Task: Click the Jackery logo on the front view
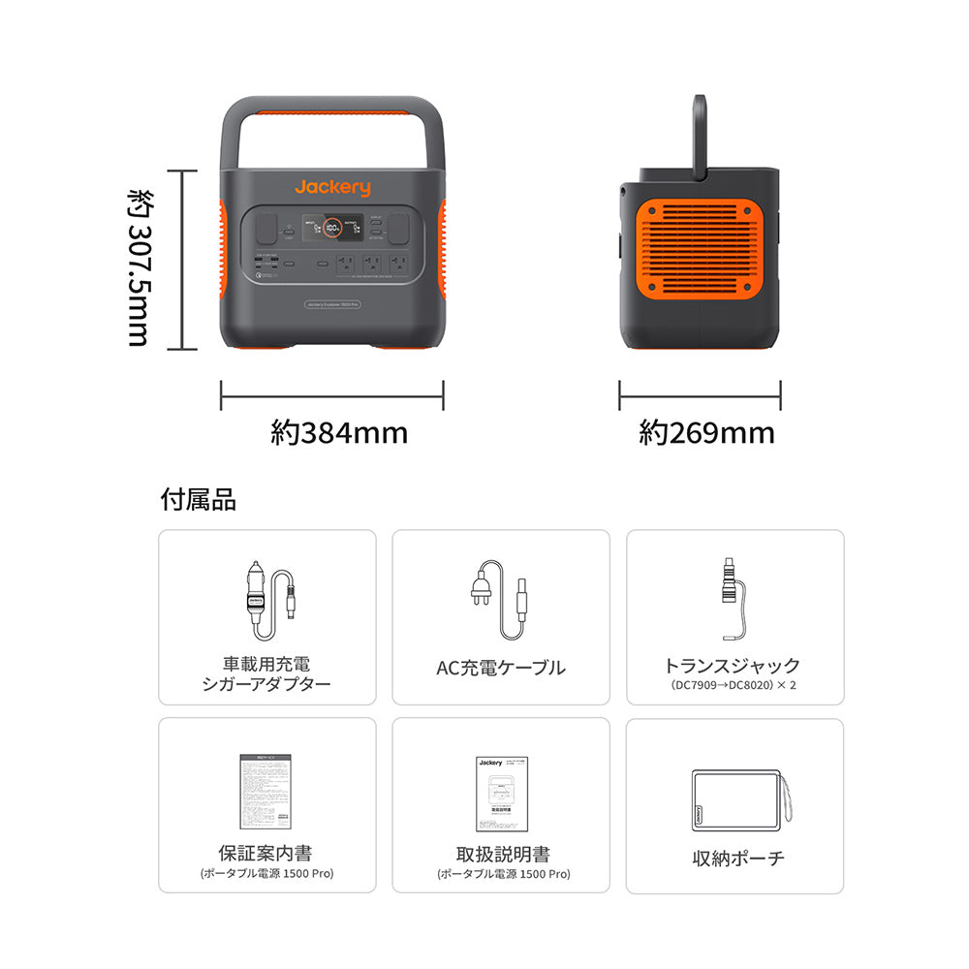(332, 187)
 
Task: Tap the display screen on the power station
(331, 229)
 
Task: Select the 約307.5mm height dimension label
(138, 260)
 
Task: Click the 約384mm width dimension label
(339, 432)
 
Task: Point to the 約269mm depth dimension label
(706, 432)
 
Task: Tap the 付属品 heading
(198, 500)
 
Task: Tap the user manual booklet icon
(500, 793)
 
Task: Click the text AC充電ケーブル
(501, 667)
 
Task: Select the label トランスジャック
(733, 666)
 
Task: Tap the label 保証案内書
(265, 854)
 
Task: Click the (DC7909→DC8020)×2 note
(733, 685)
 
